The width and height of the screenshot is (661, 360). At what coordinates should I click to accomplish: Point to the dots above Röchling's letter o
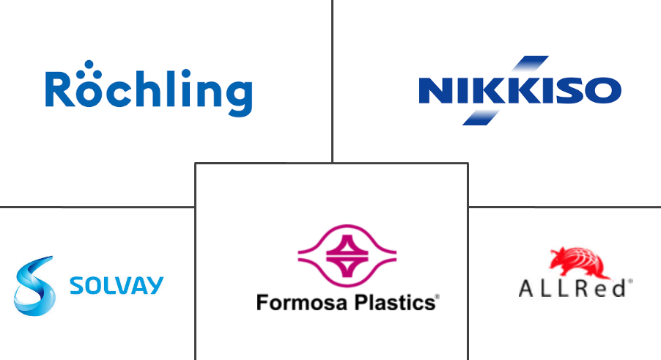pyautogui.click(x=89, y=68)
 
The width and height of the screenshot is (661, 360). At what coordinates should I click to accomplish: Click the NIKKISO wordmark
pyautogui.click(x=520, y=92)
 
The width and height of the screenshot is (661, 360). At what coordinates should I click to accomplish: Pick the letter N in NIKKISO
pyautogui.click(x=433, y=92)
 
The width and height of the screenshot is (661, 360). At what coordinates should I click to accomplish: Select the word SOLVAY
pyautogui.click(x=117, y=285)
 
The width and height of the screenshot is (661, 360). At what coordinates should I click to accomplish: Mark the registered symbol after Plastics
pyautogui.click(x=437, y=297)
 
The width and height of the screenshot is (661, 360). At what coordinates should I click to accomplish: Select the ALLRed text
pyautogui.click(x=572, y=289)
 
